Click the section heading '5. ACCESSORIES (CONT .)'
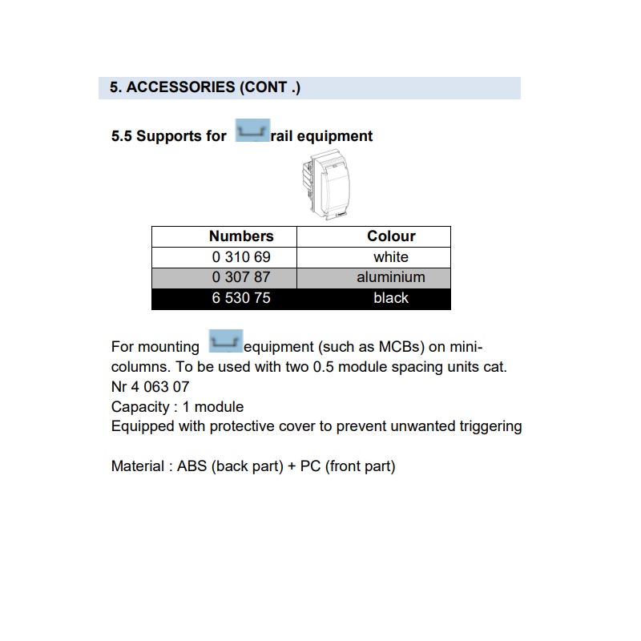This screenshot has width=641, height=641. click(205, 87)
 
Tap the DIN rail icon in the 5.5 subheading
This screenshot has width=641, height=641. click(251, 132)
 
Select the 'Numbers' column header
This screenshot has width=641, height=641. click(241, 236)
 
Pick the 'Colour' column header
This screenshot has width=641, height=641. click(391, 236)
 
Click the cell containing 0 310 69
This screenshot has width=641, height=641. click(241, 257)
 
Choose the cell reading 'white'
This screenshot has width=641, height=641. click(391, 257)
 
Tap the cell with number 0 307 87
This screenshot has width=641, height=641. click(241, 277)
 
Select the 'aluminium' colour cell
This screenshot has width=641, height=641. click(391, 277)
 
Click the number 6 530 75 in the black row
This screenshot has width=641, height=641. click(241, 298)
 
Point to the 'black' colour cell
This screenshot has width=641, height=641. click(391, 298)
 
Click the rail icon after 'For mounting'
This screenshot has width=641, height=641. click(224, 342)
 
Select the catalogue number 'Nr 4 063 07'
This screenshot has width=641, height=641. click(151, 387)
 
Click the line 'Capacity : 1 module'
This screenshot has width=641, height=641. click(177, 407)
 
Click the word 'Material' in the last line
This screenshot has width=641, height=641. click(137, 466)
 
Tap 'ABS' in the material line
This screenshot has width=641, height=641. click(192, 466)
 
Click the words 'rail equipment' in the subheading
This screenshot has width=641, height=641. click(321, 136)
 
